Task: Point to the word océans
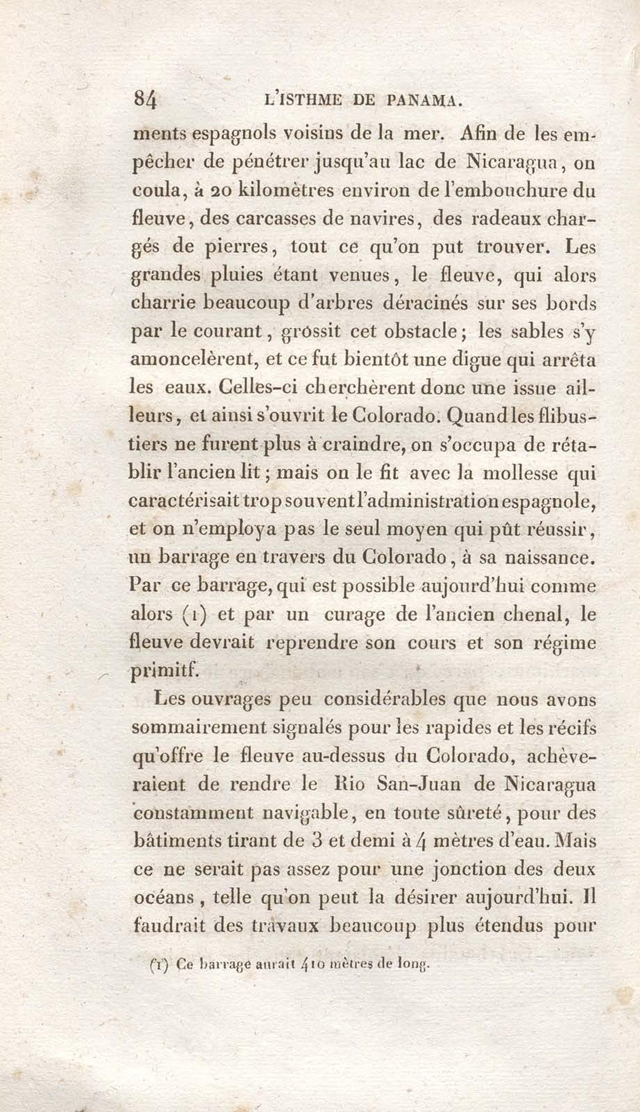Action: [x=163, y=898]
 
